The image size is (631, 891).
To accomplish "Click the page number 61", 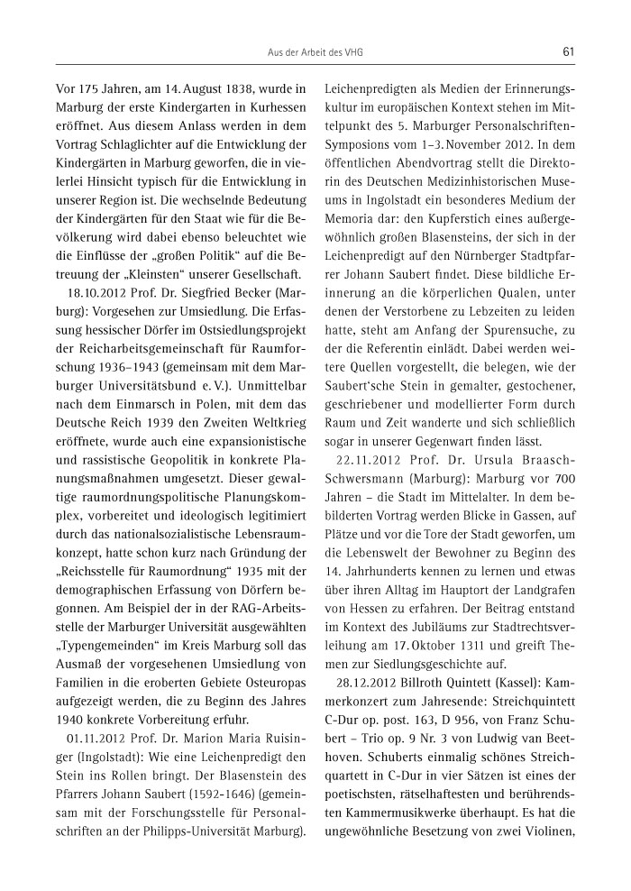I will pos(568,52).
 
